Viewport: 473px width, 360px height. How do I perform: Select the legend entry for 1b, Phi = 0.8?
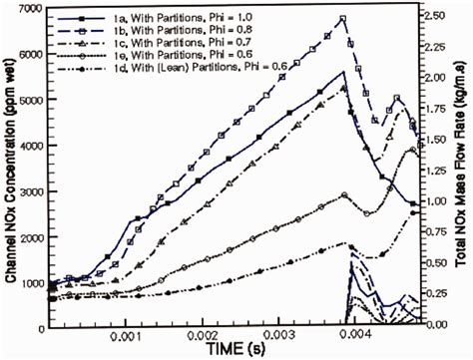[150, 30]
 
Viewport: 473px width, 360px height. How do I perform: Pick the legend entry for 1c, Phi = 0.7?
[150, 42]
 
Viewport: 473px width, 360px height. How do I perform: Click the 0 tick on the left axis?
[40, 327]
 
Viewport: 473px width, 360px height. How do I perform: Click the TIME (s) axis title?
[239, 350]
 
